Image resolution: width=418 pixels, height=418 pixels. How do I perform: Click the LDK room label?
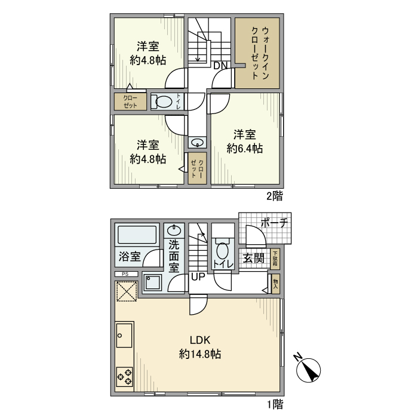[x=200, y=340]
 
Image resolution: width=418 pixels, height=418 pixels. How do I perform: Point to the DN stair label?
[x=220, y=66]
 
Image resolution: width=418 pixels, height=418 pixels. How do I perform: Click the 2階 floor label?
[x=274, y=195]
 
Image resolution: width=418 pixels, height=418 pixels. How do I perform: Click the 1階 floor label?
[x=274, y=405]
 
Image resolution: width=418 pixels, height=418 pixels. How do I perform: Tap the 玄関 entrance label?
[x=254, y=258]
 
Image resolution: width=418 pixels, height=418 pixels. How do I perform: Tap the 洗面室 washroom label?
[x=174, y=257]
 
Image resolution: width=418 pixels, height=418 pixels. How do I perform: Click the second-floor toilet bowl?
[x=162, y=102]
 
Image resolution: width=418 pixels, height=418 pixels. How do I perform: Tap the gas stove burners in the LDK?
[x=125, y=376]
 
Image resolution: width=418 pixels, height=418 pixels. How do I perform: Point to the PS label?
[x=125, y=274]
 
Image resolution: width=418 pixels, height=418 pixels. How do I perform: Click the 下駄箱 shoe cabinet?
[x=275, y=259]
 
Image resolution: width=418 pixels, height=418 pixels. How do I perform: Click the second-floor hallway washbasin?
[x=197, y=142]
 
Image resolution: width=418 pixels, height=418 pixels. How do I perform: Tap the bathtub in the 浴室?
[x=136, y=234]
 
